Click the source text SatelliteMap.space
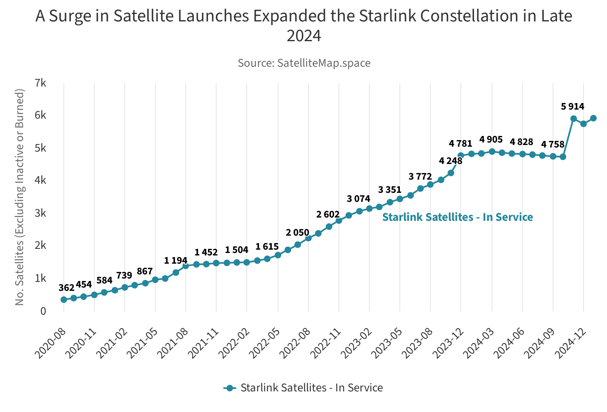point(304,63)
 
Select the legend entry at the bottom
point(303,388)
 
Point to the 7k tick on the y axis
point(40,83)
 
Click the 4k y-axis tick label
point(40,180)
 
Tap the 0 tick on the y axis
point(43,311)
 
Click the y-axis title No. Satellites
point(20,197)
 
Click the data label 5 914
point(572,107)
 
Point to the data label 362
point(66,288)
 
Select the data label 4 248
point(451,161)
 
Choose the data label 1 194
point(175,261)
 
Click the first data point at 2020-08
point(64,300)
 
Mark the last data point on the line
point(593,118)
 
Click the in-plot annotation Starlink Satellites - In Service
point(457,217)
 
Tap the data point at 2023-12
point(461,155)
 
